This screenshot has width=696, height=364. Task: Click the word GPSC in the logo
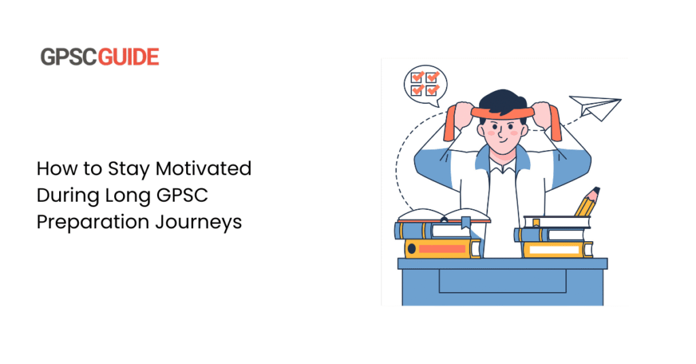(x=69, y=57)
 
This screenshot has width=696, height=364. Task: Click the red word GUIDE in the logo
(x=128, y=57)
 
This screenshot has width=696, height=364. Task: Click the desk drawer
(x=502, y=280)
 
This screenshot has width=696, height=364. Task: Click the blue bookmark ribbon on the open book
(x=466, y=222)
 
